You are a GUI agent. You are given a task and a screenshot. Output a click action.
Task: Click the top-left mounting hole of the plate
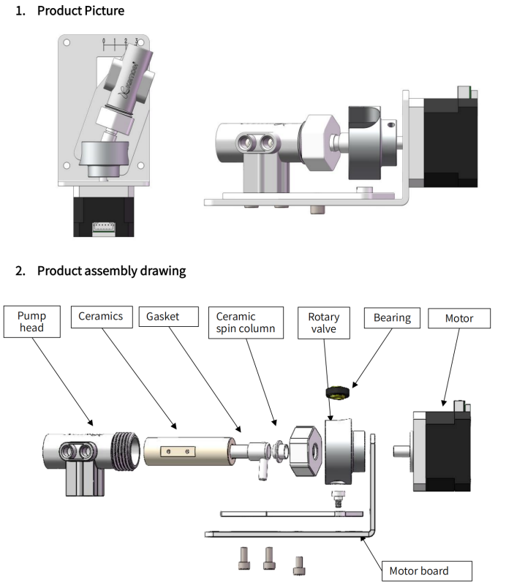coord(67,43)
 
